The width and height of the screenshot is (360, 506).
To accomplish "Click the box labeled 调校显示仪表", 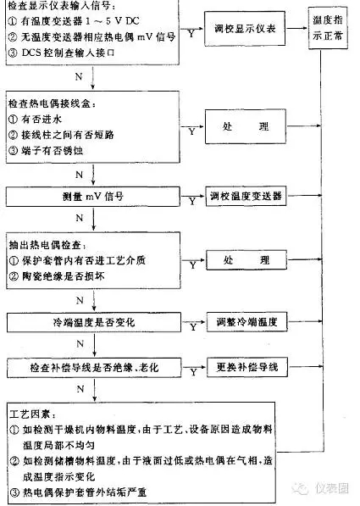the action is [x=245, y=29].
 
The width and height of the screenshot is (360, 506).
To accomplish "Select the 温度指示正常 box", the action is [x=328, y=28].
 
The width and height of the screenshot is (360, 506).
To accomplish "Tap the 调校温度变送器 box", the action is [x=246, y=196].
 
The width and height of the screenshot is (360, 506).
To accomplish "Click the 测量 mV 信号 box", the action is [x=93, y=196].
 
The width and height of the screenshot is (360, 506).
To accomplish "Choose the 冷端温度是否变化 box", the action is [x=94, y=322].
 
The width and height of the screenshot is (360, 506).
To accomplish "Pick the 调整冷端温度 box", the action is [x=246, y=322].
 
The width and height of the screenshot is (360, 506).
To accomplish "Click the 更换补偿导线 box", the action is [x=247, y=367].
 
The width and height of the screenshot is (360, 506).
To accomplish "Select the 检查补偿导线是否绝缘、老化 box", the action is [x=94, y=368].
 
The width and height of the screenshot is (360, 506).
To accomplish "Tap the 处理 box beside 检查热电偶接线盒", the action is [x=246, y=126].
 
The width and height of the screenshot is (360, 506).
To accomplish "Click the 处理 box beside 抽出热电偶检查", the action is [x=246, y=259].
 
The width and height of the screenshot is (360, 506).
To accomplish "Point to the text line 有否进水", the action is [x=35, y=119].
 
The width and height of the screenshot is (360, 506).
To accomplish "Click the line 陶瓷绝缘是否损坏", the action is [x=57, y=276].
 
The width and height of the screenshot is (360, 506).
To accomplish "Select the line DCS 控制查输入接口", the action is [x=61, y=53].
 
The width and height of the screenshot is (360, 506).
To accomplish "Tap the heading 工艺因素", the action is [x=33, y=414].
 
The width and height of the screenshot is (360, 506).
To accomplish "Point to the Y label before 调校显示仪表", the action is [x=191, y=34].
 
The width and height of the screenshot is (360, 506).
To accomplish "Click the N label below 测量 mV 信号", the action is [x=80, y=218].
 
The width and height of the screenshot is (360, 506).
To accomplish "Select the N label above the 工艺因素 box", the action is [x=80, y=389].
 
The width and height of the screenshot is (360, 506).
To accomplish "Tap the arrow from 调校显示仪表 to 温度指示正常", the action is [x=296, y=28].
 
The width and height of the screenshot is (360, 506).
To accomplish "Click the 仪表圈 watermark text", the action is [x=332, y=488].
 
